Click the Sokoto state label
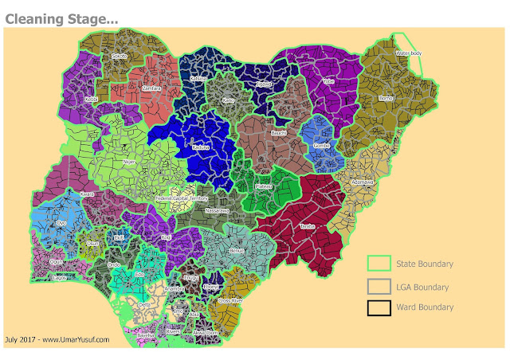pos(120,57)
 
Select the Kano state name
pos(229,101)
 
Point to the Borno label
pos(386,98)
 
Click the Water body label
pos(409,53)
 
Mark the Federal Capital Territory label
pos(182,198)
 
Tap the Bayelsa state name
pos(146,336)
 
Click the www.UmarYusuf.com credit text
pos(76,340)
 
